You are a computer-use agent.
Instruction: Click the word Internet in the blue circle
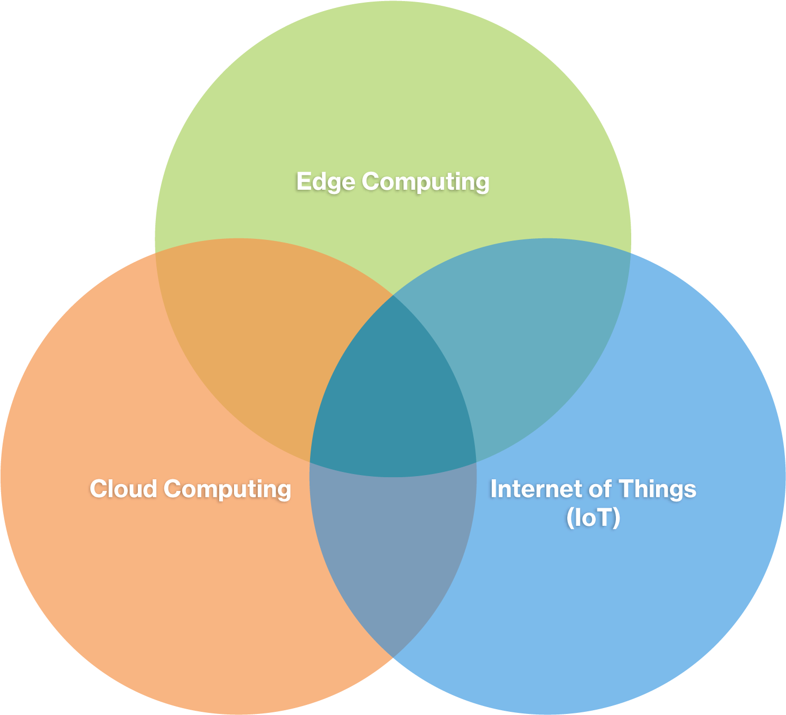click(x=536, y=488)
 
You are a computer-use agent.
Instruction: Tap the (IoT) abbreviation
click(x=593, y=517)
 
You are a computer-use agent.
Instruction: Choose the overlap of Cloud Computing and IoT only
click(x=393, y=549)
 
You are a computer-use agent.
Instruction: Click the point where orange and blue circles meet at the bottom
click(x=393, y=657)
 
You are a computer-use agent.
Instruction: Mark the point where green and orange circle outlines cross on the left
click(x=155, y=253)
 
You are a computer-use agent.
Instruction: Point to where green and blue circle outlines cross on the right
click(x=631, y=253)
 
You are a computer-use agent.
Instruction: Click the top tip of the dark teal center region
click(x=393, y=295)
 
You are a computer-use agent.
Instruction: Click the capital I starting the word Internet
click(x=494, y=488)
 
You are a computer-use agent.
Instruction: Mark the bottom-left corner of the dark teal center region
click(x=310, y=462)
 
